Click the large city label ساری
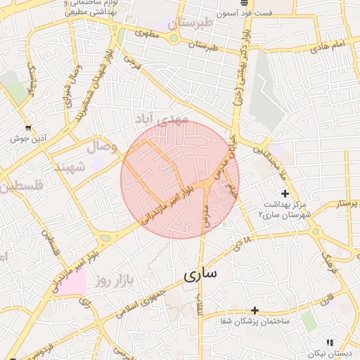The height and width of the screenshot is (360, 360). pos(200,274)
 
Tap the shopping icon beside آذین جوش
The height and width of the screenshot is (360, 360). pos(27,128)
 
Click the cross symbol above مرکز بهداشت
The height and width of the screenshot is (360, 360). pos(284,193)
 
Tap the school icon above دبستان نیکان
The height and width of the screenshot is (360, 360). pos(329,342)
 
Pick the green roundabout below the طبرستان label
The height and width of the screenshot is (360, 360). pos(173,38)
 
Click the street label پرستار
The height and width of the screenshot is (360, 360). pos(347,204)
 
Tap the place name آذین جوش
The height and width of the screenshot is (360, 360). pos(23,139)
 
